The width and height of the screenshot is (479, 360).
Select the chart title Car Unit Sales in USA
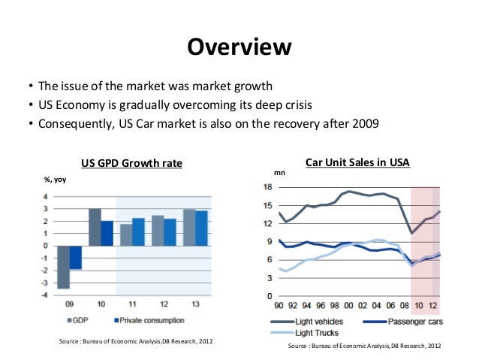[x=357, y=162]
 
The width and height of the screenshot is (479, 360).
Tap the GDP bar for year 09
[x=64, y=267]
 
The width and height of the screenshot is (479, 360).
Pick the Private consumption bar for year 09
[x=76, y=257]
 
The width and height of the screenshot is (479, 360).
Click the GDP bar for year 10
[x=95, y=227]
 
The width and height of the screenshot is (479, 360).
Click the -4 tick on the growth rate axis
[x=45, y=294]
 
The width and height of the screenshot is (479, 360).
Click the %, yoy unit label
[x=54, y=180]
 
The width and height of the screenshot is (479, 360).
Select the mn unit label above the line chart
[x=279, y=173]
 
